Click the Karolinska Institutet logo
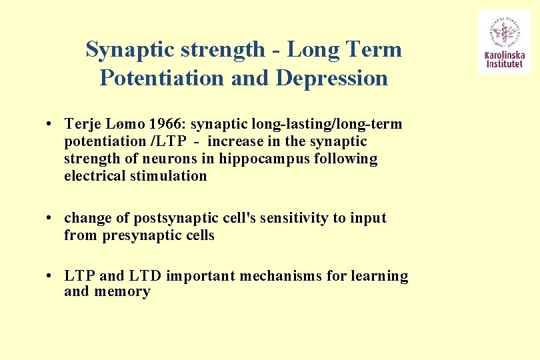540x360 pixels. [504, 41]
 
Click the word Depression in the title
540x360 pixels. [331, 78]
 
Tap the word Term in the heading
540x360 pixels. [377, 49]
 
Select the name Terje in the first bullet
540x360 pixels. [82, 124]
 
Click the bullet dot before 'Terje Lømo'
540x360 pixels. [50, 125]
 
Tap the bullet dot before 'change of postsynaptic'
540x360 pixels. [50, 219]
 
